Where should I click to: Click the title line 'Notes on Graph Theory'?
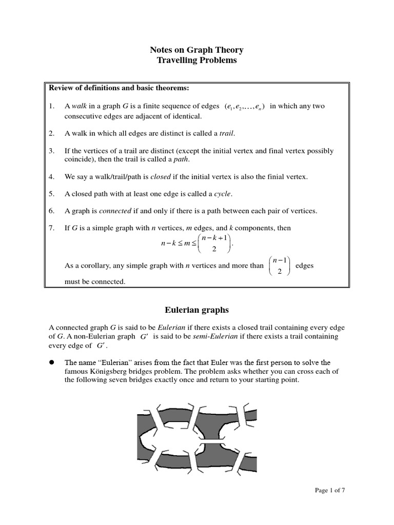[x=196, y=50]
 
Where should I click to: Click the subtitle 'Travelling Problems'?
[x=196, y=60]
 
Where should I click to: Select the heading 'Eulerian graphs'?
[x=196, y=310]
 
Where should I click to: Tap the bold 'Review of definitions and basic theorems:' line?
[x=119, y=88]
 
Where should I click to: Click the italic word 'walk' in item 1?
[x=80, y=106]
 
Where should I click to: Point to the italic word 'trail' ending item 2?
[x=226, y=133]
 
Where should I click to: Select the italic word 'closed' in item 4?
[x=160, y=176]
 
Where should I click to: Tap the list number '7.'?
[x=52, y=228]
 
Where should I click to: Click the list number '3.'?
[x=52, y=151]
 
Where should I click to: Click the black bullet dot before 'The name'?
[x=52, y=362]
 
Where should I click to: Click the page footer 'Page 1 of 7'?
[x=329, y=490]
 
